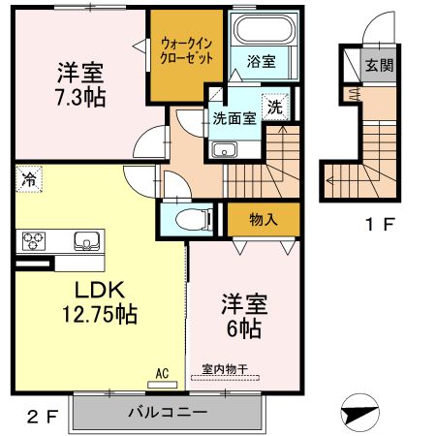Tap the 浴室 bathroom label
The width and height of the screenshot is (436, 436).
(x=261, y=61)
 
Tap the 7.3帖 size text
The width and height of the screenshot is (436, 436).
(x=79, y=97)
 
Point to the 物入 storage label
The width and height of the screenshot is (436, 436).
(x=264, y=219)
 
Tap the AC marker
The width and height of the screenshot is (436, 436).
(x=163, y=370)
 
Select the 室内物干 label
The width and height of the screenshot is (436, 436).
(x=225, y=370)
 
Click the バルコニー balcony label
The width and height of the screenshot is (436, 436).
(x=168, y=412)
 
